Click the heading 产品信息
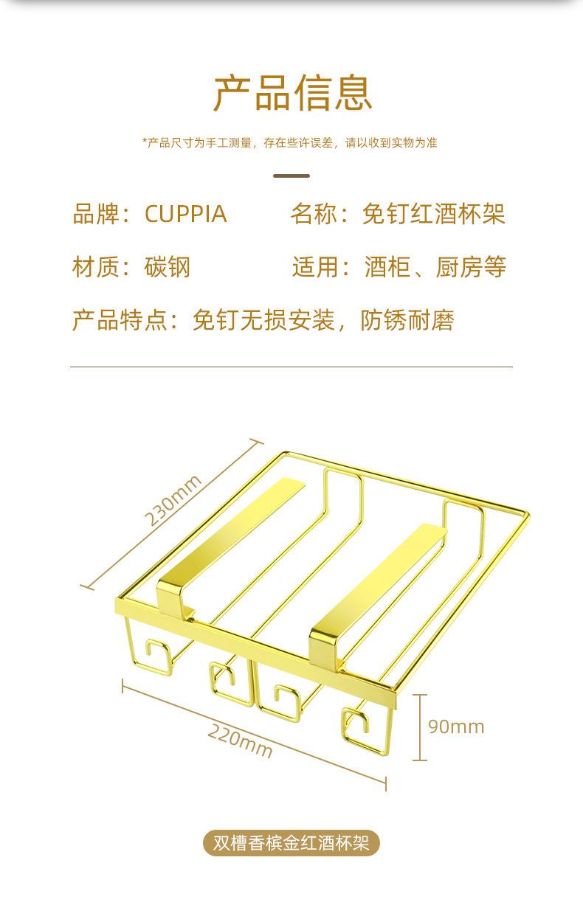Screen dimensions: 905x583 tap(292, 93)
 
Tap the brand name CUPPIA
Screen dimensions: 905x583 tap(185, 214)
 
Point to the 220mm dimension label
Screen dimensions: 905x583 tap(240, 741)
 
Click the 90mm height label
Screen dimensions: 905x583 tap(456, 727)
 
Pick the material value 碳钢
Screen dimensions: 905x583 tap(168, 266)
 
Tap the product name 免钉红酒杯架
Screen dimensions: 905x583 tap(433, 214)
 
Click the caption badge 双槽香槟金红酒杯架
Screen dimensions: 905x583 tap(291, 842)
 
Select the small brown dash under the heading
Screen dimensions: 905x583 tap(291, 176)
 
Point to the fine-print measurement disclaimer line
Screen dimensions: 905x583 tap(291, 142)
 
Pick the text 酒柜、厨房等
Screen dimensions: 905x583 tap(435, 266)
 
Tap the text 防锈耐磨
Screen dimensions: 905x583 tap(407, 320)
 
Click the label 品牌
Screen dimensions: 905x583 tap(95, 214)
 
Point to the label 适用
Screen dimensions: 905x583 tap(315, 266)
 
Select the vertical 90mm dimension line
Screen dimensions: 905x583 tap(419, 727)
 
